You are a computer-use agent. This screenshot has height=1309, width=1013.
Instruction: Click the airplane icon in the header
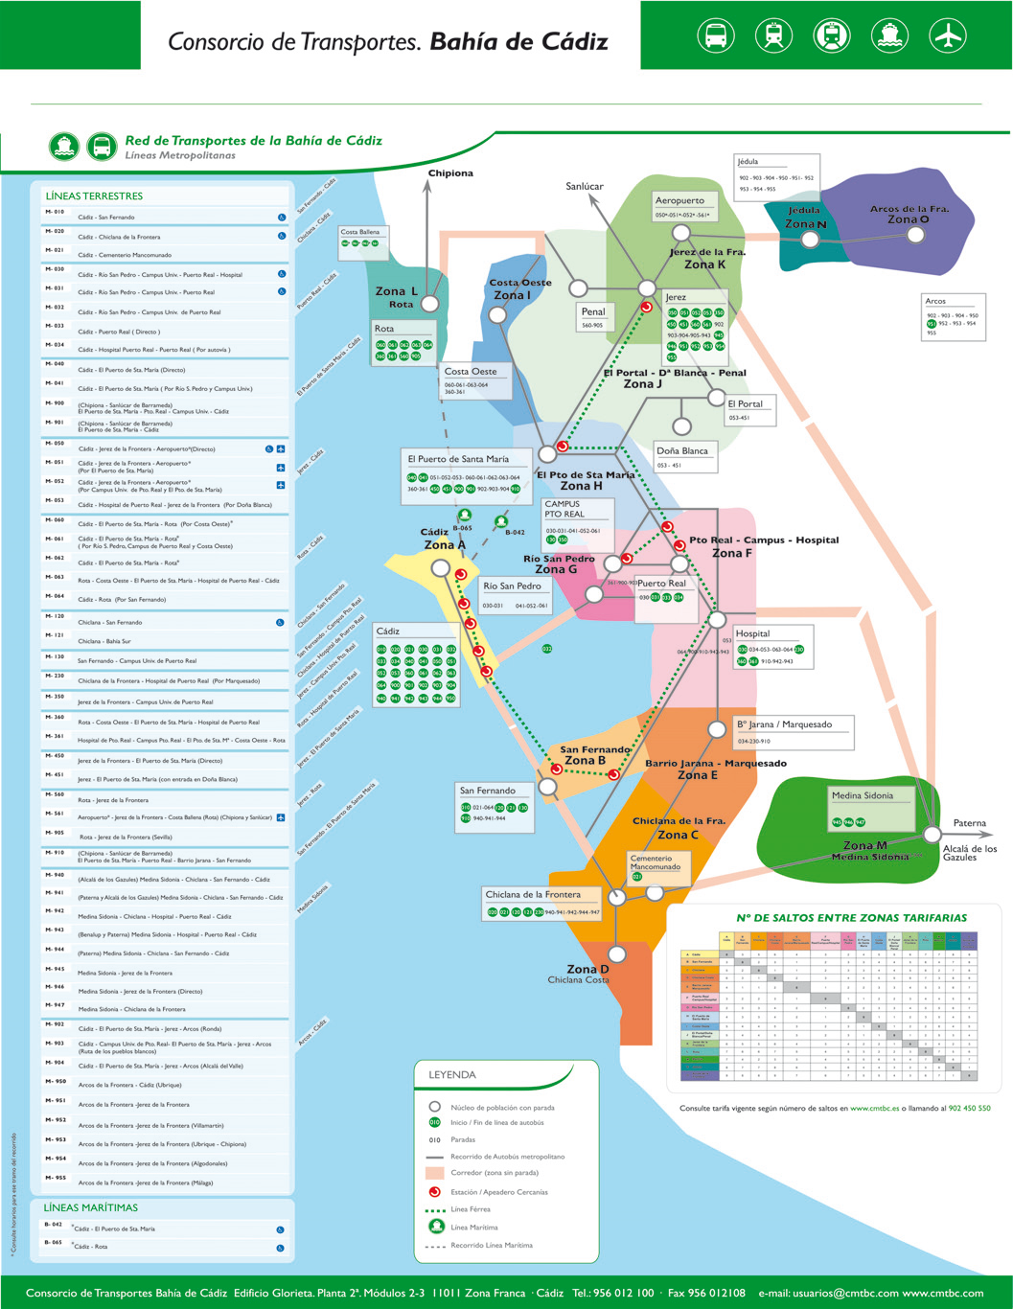948,35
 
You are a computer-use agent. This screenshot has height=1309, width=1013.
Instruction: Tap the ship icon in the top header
889,35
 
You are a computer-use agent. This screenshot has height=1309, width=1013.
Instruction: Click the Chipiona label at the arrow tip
450,173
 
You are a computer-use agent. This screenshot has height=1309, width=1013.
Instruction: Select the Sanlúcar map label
585,186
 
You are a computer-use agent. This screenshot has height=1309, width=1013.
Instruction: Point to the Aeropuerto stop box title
679,200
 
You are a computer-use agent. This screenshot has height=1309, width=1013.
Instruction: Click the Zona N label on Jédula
805,223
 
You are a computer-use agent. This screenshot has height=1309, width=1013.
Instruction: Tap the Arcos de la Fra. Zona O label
909,214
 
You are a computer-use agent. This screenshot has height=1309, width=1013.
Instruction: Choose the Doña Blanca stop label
682,450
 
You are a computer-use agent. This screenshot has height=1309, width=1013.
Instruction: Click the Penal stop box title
593,311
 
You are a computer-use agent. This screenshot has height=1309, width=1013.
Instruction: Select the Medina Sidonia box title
862,795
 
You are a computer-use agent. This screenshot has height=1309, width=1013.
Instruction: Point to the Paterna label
969,823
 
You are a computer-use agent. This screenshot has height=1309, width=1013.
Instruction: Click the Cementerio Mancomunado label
655,862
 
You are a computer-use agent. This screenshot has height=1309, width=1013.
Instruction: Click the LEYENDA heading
451,1074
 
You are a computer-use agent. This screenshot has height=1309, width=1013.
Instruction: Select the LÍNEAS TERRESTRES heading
94,195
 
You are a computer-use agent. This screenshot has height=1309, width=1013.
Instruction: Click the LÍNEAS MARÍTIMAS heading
91,1207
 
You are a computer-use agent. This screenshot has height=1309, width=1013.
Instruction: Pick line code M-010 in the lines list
54,212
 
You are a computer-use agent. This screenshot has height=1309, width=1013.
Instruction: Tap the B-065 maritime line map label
463,528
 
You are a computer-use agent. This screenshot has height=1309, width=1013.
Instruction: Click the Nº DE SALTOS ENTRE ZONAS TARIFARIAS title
851,917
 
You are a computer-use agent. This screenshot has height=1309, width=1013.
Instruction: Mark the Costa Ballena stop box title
360,232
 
